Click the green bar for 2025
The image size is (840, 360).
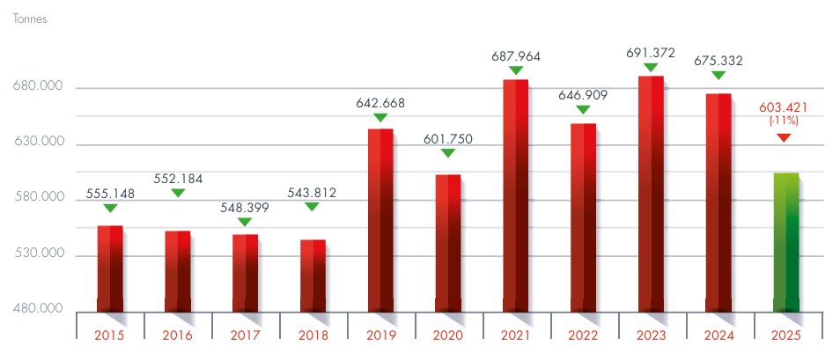point(785,242)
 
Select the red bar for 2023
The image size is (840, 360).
point(651,194)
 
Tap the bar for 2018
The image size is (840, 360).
point(313,275)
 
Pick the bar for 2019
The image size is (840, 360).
point(380,219)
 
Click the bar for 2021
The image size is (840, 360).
point(515,195)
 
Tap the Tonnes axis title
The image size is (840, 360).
point(30,18)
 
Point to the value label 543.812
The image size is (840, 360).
point(313,193)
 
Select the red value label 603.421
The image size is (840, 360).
point(784,108)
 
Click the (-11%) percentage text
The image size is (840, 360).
point(784,121)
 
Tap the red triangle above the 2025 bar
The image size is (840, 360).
point(784,138)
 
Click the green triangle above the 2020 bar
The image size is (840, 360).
point(448,153)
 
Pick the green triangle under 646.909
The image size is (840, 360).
point(583,110)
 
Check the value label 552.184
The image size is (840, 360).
point(178,179)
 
